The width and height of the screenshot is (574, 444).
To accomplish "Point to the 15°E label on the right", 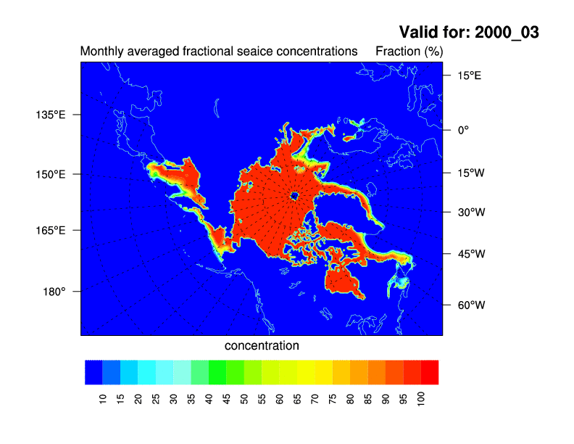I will (x=467, y=75).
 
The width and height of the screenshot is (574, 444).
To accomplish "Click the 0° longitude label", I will (x=462, y=130).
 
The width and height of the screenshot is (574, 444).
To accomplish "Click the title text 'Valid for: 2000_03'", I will (x=469, y=33).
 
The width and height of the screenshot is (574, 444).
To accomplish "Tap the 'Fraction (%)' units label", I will (x=409, y=52).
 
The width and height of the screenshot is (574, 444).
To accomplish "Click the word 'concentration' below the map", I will (x=262, y=346).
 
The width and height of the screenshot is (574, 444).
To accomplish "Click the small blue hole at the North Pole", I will (x=295, y=196).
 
